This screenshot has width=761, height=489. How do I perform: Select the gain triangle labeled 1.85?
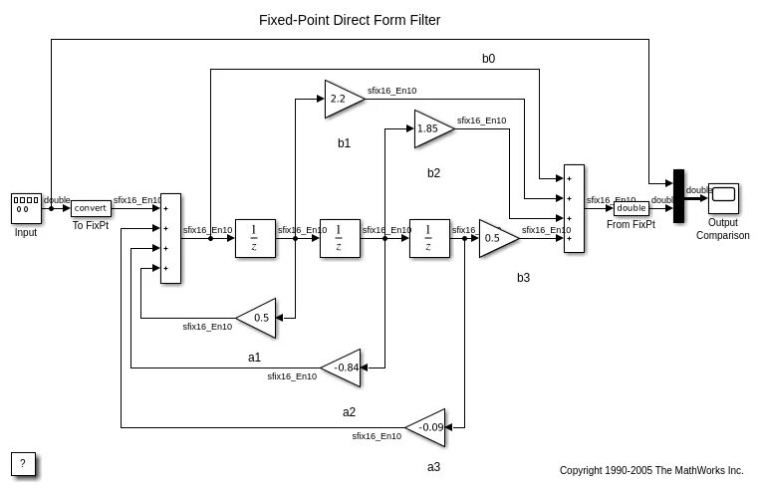coord(430,128)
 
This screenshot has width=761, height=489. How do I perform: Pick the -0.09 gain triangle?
coord(429,427)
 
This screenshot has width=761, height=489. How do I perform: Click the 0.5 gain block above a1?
coord(258,318)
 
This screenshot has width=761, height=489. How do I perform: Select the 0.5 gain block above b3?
coord(495,238)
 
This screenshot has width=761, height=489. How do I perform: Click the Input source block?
coord(25,208)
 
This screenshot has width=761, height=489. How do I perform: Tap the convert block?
coord(91,208)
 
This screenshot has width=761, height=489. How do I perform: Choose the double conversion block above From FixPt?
coord(630,208)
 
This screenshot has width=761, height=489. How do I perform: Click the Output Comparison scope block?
coord(723,198)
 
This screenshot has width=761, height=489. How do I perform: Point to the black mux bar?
coord(678,196)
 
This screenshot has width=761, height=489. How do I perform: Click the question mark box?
coord(25,464)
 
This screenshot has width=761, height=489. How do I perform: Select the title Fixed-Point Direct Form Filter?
coord(349,19)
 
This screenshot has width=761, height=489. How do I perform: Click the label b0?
coord(488,59)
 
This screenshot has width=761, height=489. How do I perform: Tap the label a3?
coord(433,467)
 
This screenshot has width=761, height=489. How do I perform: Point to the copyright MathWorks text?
coord(651,470)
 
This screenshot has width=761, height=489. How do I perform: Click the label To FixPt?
coord(91,226)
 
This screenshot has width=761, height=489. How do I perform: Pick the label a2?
coord(349,411)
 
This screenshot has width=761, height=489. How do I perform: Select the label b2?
coord(433,172)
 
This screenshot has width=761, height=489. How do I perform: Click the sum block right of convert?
coord(170,238)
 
